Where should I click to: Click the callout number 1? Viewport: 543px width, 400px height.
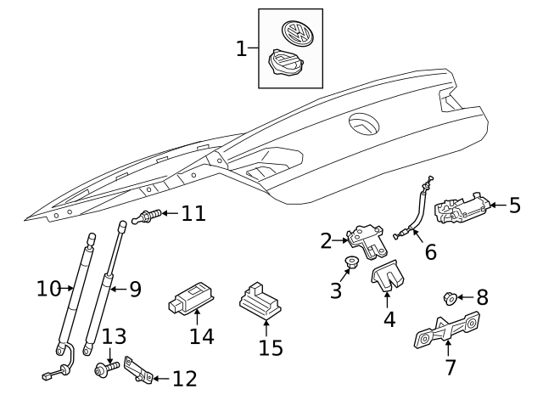242,48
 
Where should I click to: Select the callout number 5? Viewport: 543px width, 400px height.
515,205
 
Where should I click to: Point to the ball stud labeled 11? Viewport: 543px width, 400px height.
147,217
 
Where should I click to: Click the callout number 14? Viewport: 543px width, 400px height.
201,336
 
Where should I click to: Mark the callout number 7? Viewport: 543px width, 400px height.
451,367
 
